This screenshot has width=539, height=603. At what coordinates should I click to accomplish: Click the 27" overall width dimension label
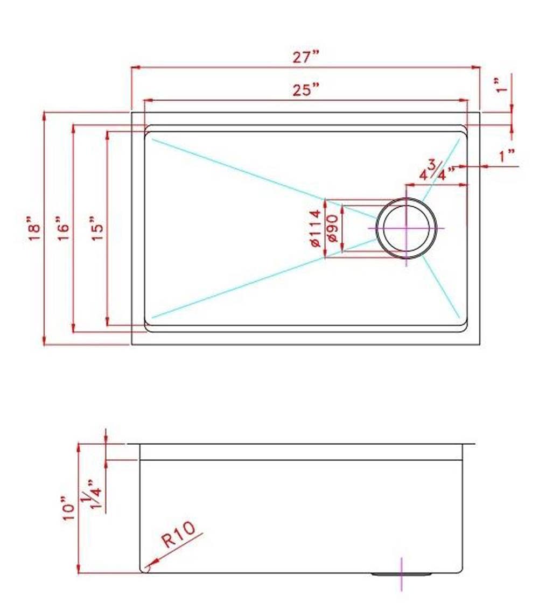coord(306,57)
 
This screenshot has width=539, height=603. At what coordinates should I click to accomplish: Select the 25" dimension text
coord(306,90)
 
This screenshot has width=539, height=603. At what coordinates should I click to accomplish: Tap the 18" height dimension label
coord(35,229)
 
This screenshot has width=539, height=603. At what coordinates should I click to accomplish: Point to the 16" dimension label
coord(64,229)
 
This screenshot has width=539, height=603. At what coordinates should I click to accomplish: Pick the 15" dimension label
coord(97,229)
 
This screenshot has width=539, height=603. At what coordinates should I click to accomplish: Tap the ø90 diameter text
coord(332,228)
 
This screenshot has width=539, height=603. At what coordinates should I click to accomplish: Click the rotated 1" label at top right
coord(502,85)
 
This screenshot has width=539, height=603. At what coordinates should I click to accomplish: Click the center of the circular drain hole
coord(407,228)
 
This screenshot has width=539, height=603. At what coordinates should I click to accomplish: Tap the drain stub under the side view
coord(402,575)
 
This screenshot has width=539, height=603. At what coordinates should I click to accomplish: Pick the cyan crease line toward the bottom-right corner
coord(442,288)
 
